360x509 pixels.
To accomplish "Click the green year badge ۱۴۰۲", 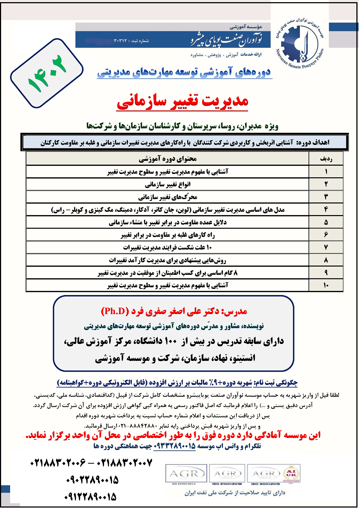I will point(47,73).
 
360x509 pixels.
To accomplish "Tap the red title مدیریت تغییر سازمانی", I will point(183,101).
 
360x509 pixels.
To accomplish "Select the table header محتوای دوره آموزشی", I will point(167,158).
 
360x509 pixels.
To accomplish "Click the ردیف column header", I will point(326,158).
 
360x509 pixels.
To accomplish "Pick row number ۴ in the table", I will point(326,209).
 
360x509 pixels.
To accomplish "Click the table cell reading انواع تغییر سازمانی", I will point(167,184).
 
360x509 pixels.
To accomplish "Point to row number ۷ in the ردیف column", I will point(326,247).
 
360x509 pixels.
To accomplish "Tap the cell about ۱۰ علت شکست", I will point(167,247).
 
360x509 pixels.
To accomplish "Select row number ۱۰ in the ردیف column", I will point(326,285).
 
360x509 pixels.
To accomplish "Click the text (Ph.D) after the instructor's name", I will point(115,311).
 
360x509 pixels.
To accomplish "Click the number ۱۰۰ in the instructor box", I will point(171,341).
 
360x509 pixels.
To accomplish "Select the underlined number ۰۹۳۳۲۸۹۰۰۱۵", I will point(175,446).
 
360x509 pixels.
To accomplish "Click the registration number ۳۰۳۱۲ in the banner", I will point(120,41).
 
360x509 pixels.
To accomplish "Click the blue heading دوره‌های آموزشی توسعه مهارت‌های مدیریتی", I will point(184,72).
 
